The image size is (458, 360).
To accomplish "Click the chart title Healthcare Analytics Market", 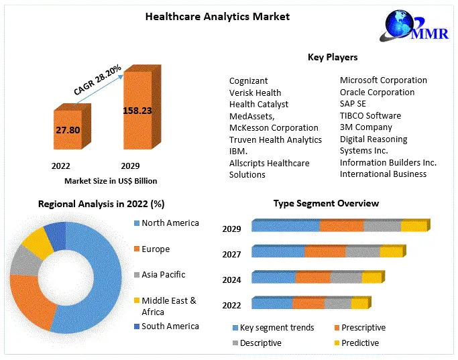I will tap(217, 16).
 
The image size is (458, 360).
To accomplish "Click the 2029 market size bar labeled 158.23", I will tap(137, 111).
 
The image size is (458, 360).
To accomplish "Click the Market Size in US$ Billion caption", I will tap(111, 181).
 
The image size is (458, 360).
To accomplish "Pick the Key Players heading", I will tap(332, 58).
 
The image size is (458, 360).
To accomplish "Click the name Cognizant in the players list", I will tap(249, 80).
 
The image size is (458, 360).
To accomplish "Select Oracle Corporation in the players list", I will tap(377, 93).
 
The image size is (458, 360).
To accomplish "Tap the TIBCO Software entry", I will tap(370, 116).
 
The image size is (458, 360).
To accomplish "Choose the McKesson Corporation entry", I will tap(274, 128).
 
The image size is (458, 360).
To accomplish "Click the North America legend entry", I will tap(170, 223).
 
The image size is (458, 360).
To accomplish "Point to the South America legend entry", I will tap(170, 326).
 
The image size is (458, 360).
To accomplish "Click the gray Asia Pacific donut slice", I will tap(25, 261).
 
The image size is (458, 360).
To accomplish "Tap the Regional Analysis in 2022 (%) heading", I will tap(101, 204).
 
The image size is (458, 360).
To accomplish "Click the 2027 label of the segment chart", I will tap(231, 254).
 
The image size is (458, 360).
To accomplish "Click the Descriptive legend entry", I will tap(260, 343).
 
